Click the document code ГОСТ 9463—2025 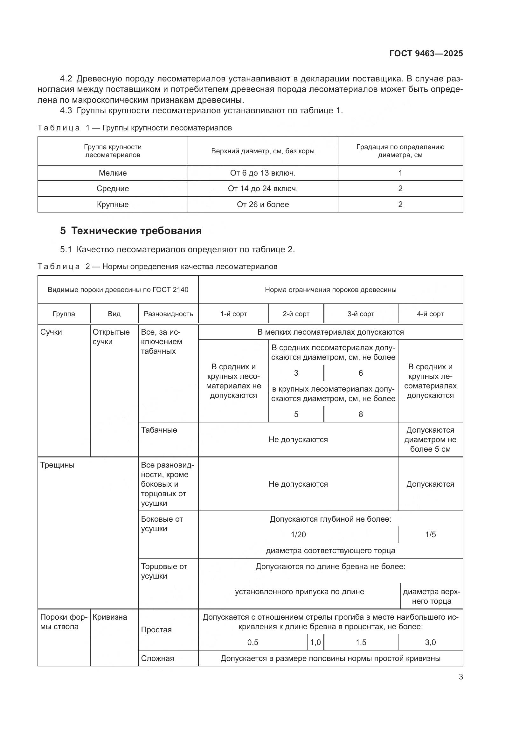pos(426,53)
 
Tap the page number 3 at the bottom pos(460,677)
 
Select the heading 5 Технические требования pos(131,231)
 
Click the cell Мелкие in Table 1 pos(112,173)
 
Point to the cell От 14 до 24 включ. pos(263,189)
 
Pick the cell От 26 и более pos(263,205)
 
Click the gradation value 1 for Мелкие pos(400,173)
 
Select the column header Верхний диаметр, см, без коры pos(263,151)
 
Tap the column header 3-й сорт pos(361,314)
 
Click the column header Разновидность pos(169,314)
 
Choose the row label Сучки pos(51,332)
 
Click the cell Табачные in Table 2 pos(159,430)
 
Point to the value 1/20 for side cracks pos(298,535)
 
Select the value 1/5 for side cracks pos(430,535)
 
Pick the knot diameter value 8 pos(361,414)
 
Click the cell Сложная pos(157,658)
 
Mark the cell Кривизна pos(110,617)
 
